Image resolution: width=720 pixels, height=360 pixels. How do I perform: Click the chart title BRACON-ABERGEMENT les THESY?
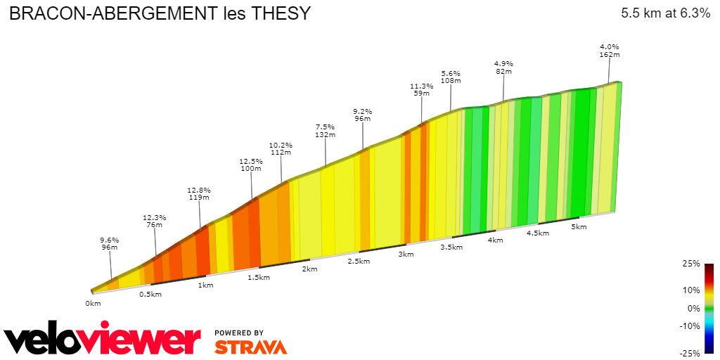[x=159, y=14]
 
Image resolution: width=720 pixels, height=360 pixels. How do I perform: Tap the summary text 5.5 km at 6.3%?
[x=665, y=13]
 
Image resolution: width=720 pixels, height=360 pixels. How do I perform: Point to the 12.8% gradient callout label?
[x=199, y=194]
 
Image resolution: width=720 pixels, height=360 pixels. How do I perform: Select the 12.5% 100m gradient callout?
[x=251, y=165]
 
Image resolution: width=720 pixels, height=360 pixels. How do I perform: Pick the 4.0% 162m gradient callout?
[x=609, y=51]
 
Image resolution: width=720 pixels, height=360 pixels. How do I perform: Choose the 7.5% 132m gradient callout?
[x=324, y=130]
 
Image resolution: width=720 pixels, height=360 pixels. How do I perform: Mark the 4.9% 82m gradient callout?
[x=503, y=67]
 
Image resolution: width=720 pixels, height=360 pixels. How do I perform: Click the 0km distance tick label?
[x=93, y=303]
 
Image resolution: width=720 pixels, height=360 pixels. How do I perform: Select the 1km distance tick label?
[x=205, y=285]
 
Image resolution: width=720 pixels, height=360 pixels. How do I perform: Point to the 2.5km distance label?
[x=359, y=262]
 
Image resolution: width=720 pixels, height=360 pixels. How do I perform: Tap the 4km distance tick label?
[x=495, y=240]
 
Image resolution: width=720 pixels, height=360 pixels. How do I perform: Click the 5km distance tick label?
[x=579, y=227]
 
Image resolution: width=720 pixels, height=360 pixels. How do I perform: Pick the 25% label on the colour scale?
[x=691, y=264]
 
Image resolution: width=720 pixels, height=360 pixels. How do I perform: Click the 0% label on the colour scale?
[x=694, y=308]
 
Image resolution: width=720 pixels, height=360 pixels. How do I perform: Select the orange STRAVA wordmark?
[x=250, y=347]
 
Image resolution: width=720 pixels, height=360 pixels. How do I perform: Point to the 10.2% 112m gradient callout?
[x=281, y=149]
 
